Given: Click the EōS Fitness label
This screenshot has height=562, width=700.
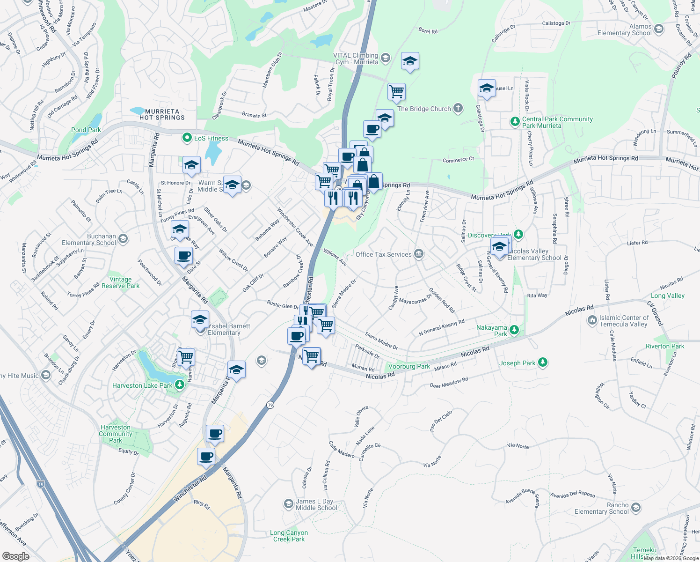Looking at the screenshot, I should [x=211, y=138].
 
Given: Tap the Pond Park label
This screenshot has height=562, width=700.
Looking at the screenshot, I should [x=86, y=130].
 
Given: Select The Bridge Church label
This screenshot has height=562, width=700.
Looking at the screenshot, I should [x=424, y=109].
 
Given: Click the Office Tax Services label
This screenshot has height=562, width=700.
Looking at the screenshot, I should [x=383, y=254].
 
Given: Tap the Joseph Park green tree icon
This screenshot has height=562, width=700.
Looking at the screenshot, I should [x=543, y=362].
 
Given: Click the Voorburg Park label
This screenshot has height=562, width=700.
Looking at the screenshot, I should [x=409, y=366].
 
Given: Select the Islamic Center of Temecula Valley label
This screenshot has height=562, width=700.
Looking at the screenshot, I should [x=624, y=321].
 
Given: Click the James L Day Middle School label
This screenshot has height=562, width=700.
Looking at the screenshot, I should [x=316, y=504].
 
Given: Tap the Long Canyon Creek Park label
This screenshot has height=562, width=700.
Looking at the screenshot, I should [x=289, y=536].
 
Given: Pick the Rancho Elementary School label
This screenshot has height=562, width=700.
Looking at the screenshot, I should [x=601, y=508].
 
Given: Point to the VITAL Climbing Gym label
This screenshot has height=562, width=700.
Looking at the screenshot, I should [x=356, y=59].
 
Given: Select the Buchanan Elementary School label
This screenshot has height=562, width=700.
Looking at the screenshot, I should [x=89, y=239].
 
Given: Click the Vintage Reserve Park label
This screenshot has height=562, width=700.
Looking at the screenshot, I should [x=120, y=282].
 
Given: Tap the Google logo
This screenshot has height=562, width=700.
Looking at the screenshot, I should [x=15, y=556].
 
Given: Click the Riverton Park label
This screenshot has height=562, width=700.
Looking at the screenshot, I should [x=664, y=346].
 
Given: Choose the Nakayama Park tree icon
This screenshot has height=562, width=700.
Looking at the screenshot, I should [x=514, y=330].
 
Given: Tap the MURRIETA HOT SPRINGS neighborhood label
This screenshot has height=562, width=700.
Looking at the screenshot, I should [x=162, y=115].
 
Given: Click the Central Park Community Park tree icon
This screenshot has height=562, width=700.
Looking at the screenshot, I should [x=515, y=122].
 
